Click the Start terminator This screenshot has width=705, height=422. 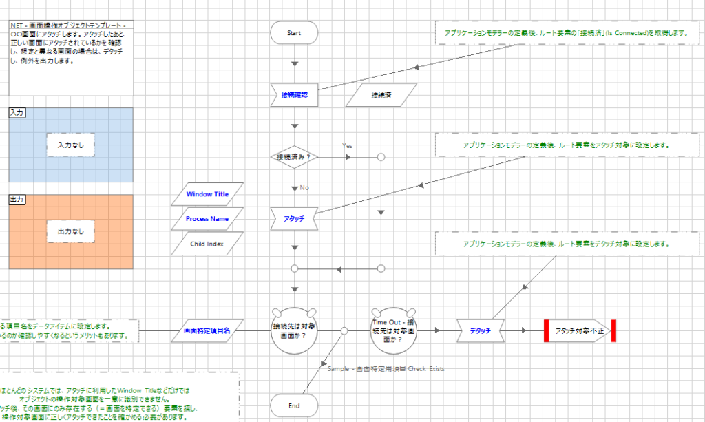coord(294,32)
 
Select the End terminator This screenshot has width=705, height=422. coord(294,405)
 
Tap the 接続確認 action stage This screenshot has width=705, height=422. coord(294,95)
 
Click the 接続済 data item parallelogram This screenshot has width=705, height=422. coord(381,95)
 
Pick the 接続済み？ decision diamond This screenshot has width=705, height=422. coord(294,157)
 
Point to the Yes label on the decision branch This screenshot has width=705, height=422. coord(348,146)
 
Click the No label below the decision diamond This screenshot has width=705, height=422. coord(304,187)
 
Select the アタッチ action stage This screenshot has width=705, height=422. coord(294,218)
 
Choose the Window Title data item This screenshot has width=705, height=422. coord(207,194)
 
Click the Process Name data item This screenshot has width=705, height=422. coord(207,219)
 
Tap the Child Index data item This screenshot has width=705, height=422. coord(207,243)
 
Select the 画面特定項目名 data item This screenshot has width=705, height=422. coord(207,330)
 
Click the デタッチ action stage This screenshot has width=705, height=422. coord(480,331)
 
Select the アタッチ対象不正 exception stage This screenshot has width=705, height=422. coord(579,331)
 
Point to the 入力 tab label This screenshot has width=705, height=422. coord(17,112)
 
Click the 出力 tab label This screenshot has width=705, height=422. coord(17,199)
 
